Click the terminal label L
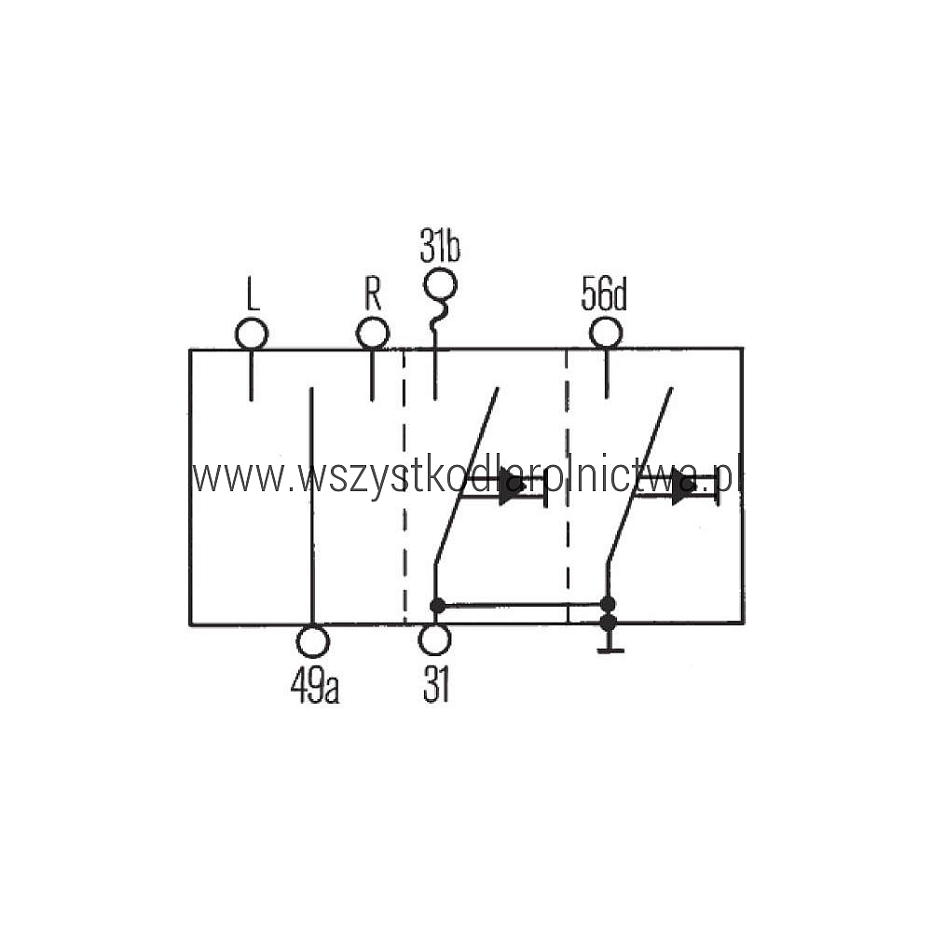click(254, 295)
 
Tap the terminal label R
click(373, 294)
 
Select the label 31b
click(440, 245)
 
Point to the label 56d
click(604, 294)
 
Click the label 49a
click(315, 687)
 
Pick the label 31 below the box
click(435, 685)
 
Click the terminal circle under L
click(252, 334)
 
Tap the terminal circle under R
click(373, 334)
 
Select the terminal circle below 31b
click(441, 284)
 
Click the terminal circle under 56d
click(606, 333)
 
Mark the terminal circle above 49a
click(312, 641)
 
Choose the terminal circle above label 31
click(434, 639)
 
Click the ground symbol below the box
click(610, 644)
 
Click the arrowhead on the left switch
click(511, 487)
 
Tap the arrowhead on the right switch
click(683, 487)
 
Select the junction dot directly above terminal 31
click(437, 606)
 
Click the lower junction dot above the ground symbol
click(608, 623)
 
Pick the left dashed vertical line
click(404, 487)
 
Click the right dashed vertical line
click(568, 487)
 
